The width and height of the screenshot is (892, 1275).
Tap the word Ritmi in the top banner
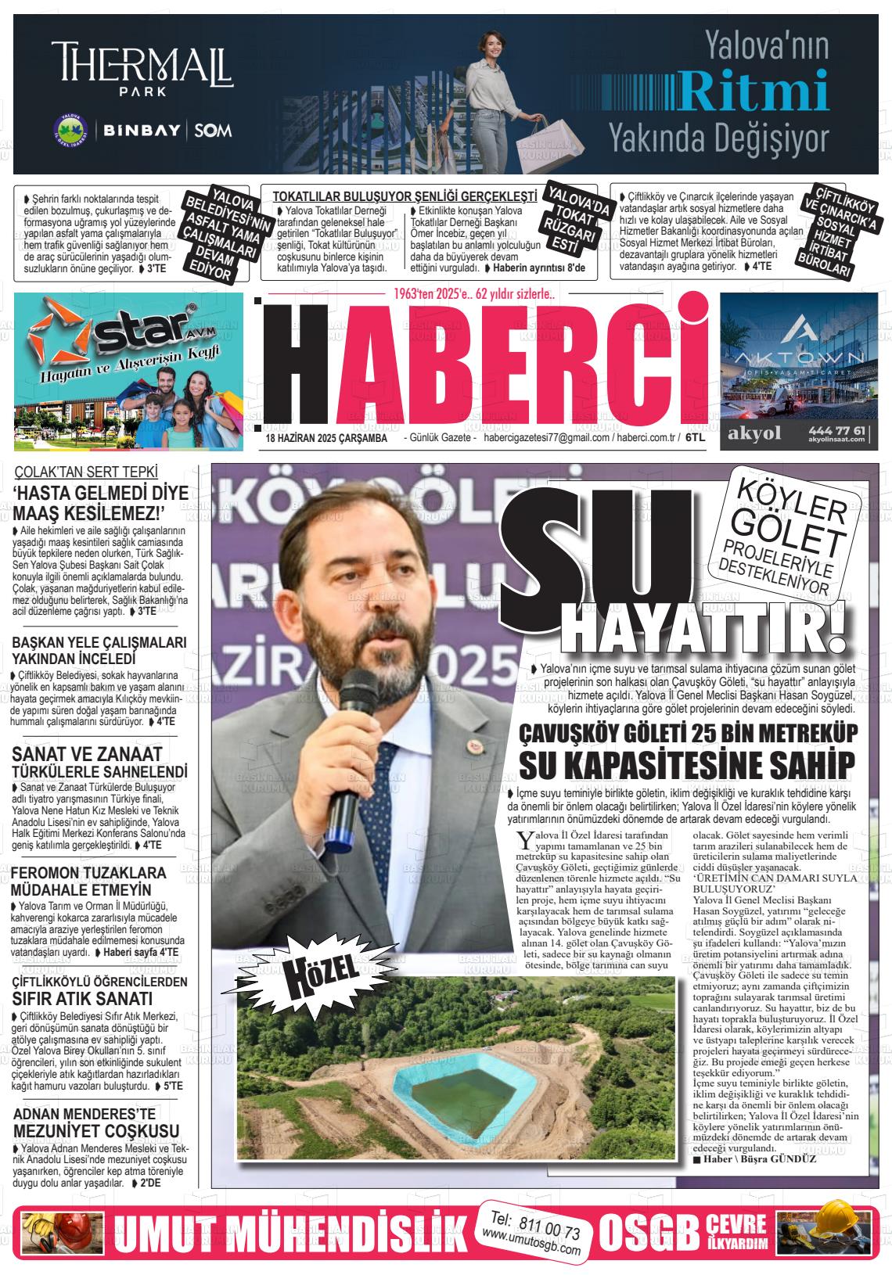(753, 92)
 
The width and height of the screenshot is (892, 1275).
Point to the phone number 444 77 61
(840, 430)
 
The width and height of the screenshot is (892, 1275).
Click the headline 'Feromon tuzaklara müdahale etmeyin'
(88, 881)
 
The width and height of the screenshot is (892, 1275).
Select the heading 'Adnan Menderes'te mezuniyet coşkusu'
(96, 1122)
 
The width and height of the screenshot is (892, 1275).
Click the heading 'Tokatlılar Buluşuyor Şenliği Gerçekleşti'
(405, 196)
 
